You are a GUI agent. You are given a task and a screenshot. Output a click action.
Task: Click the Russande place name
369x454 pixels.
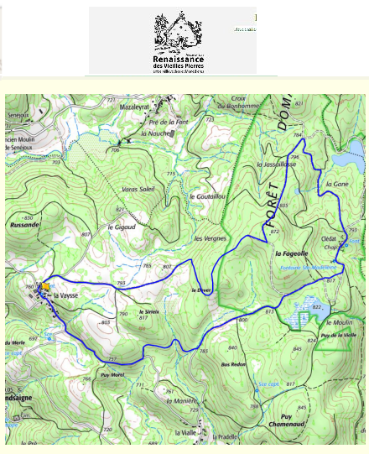point(21,224)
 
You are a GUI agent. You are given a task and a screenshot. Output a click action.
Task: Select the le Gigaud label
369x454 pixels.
point(122,227)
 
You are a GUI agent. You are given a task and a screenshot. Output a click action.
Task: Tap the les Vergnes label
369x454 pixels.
point(210,238)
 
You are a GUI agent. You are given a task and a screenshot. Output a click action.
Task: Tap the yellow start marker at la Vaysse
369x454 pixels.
point(45,286)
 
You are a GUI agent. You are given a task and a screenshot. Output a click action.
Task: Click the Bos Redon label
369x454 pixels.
point(233,364)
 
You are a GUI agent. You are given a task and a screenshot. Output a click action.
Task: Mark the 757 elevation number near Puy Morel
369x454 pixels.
point(112,357)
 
